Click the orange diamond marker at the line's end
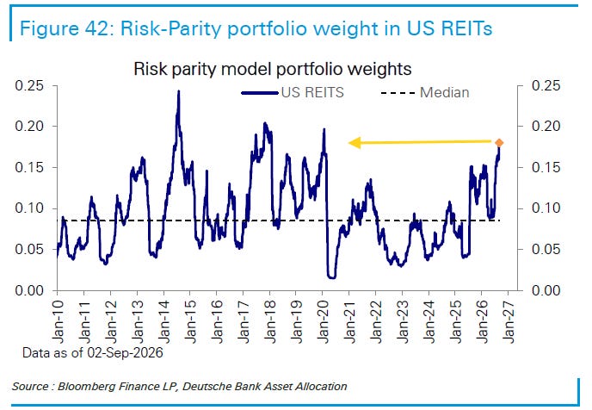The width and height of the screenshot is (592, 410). (x=499, y=143)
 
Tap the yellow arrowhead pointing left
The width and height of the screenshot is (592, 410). (x=355, y=143)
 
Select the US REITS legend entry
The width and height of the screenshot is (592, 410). (x=293, y=92)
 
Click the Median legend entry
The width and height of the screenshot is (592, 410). (x=425, y=92)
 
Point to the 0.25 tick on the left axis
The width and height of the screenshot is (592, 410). (x=29, y=85)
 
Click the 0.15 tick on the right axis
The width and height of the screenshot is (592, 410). (x=546, y=167)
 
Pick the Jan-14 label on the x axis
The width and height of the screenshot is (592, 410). (x=164, y=322)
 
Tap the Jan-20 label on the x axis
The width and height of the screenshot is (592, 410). (x=324, y=322)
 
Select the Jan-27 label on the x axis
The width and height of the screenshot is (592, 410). (x=509, y=322)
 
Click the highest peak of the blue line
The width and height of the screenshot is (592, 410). (x=179, y=91)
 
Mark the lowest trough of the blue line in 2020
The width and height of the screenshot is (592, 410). (x=332, y=277)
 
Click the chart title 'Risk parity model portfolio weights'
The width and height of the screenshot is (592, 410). (x=273, y=69)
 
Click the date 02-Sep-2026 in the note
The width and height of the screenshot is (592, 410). (x=125, y=352)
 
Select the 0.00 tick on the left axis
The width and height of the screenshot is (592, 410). (x=29, y=290)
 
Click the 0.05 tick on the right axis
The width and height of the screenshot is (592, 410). (x=546, y=250)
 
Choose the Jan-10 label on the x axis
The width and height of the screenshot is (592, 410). (x=58, y=322)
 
